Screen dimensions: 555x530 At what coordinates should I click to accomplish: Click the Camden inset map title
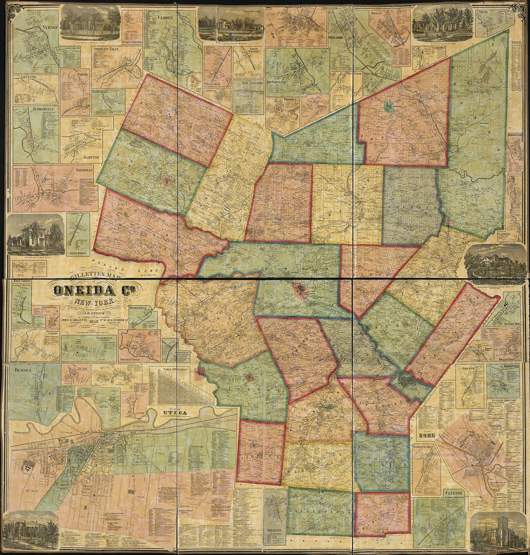pos(166,17)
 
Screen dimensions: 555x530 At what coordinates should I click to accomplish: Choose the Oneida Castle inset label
pos(132,358)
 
